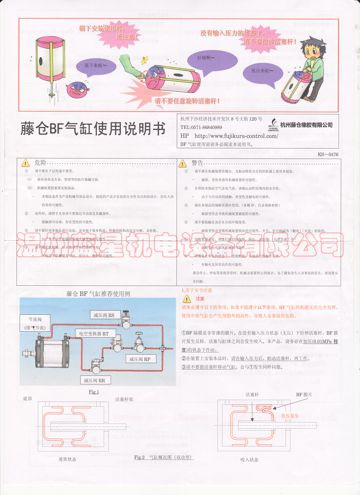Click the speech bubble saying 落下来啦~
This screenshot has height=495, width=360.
(95, 66)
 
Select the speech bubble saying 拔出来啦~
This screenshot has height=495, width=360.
(262, 72)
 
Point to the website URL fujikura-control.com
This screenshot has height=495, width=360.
(236, 136)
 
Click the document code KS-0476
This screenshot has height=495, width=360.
(328, 154)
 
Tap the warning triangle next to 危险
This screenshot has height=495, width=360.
(25, 163)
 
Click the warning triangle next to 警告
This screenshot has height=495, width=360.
(182, 163)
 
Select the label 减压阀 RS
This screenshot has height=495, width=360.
(104, 315)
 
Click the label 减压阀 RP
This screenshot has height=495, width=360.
(140, 359)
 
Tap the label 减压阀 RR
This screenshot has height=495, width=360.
(94, 380)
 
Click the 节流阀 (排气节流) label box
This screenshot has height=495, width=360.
(35, 323)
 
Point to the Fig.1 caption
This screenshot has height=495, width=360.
(94, 392)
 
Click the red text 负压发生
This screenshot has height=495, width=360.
(290, 416)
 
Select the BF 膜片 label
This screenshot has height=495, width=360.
(304, 395)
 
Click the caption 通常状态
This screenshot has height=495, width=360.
(67, 459)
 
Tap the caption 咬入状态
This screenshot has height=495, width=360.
(249, 460)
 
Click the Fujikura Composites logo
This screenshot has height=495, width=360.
(273, 125)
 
